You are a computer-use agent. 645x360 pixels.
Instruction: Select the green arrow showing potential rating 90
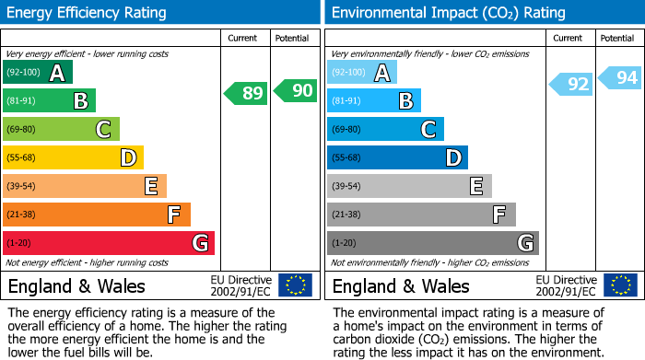click(295, 90)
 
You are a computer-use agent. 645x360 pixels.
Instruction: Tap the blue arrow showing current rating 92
click(571, 85)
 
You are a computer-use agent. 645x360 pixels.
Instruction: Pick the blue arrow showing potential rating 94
click(620, 78)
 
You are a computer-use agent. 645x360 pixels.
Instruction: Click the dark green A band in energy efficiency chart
click(38, 73)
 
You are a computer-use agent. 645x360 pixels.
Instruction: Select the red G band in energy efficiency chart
click(109, 243)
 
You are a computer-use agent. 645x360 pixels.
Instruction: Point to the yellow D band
click(73, 158)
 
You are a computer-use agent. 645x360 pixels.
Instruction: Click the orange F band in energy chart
click(97, 215)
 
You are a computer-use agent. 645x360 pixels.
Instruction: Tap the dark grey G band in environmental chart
click(432, 243)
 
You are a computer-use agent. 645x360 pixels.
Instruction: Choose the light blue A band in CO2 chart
click(362, 73)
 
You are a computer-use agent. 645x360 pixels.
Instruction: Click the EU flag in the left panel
click(295, 285)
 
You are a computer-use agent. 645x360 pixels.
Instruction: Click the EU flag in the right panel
click(620, 285)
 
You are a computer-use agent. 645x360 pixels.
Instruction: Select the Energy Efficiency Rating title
click(87, 13)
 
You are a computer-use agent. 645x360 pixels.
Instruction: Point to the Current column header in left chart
click(244, 38)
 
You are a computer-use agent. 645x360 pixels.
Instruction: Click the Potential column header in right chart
click(617, 38)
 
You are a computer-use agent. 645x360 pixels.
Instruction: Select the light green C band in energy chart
click(61, 130)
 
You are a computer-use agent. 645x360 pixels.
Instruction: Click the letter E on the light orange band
click(150, 187)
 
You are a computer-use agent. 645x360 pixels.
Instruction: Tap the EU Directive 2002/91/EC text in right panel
click(566, 285)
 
